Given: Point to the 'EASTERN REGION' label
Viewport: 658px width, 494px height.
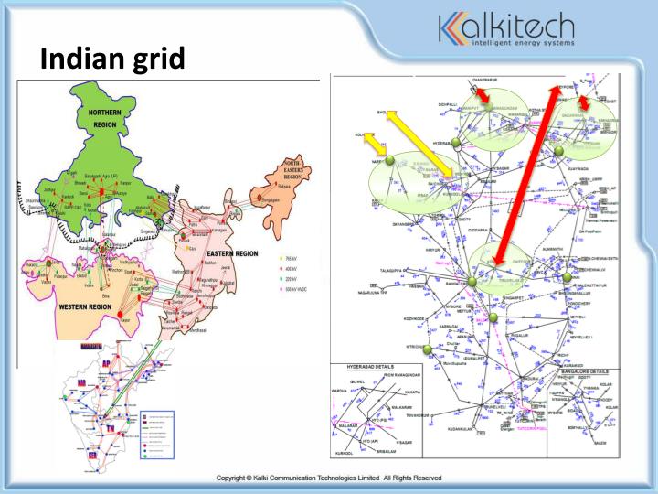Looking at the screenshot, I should tap(231, 253).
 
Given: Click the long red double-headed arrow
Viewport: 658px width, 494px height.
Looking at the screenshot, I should tap(525, 174).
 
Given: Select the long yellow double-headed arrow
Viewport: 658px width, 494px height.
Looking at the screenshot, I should tap(421, 142).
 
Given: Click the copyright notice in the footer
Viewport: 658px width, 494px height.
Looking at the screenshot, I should tap(329, 478).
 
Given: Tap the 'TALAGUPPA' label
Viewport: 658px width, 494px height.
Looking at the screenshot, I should tap(396, 272).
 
